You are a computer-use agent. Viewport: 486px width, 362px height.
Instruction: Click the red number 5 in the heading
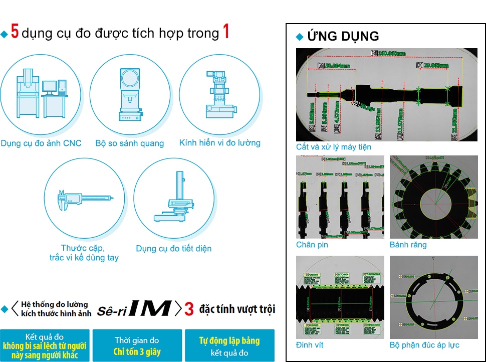(x=15, y=33)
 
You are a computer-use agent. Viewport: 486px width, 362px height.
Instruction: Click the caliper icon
(x=84, y=199)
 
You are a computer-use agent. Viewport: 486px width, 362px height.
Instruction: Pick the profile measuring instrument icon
(x=174, y=199)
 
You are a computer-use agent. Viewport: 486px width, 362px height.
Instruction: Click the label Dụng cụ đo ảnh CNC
(x=41, y=143)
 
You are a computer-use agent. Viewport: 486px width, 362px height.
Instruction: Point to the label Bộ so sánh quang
(x=130, y=143)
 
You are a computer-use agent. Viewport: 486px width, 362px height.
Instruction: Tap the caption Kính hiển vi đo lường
(x=220, y=143)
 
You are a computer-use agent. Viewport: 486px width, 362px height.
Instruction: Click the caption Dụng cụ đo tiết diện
(x=174, y=249)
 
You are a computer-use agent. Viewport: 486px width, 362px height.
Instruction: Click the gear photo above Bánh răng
(x=434, y=197)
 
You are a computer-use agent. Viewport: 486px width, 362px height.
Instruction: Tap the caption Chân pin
(x=313, y=245)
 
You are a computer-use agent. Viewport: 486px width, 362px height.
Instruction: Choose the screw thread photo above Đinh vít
(x=340, y=297)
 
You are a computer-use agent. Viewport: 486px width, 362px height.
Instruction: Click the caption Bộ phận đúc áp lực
(x=424, y=345)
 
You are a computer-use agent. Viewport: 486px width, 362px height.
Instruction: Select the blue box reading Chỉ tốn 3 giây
(x=137, y=345)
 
